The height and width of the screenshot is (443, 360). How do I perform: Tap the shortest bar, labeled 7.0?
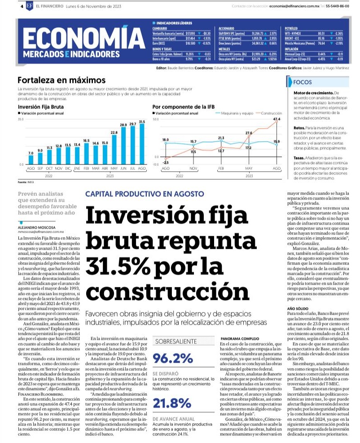(31, 161)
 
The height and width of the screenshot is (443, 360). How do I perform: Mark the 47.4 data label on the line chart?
(276, 119)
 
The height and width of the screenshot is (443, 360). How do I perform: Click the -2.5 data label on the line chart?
(166, 162)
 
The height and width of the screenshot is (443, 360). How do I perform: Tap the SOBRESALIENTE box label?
(176, 341)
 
